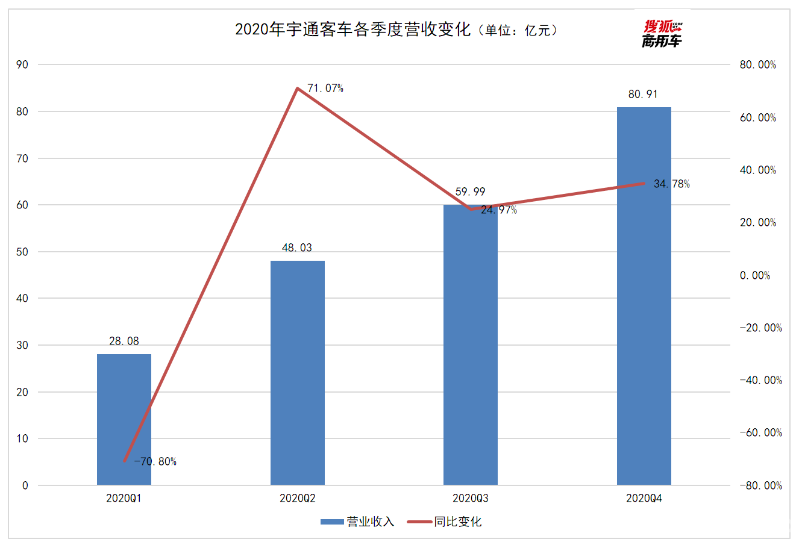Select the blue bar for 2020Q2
[298, 373]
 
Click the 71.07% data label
[325, 89]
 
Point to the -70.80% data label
[155, 462]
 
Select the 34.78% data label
[672, 184]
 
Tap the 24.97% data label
[499, 210]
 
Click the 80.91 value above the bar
[643, 95]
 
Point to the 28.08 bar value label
[124, 341]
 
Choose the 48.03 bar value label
[297, 248]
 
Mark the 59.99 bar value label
[471, 192]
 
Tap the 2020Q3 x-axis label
[471, 499]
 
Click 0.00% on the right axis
[754, 275]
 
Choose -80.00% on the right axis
[760, 485]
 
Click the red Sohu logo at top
[662, 34]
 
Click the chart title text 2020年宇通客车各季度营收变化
[352, 30]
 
